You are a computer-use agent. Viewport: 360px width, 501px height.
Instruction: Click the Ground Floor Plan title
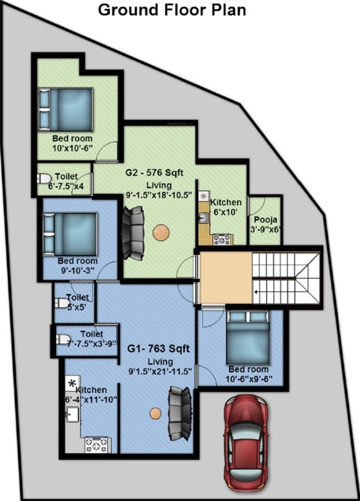[x=172, y=10]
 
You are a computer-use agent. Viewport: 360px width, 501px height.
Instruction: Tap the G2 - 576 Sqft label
[x=155, y=173]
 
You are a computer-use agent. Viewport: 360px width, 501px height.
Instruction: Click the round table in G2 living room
[x=161, y=232]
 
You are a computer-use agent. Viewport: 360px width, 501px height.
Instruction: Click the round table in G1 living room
[x=155, y=413]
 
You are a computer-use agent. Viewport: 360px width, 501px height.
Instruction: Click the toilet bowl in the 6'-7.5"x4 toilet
[x=44, y=179]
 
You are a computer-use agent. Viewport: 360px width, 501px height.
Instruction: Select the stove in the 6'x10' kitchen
[x=222, y=239]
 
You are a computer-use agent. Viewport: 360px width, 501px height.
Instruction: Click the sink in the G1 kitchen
[x=72, y=414]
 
